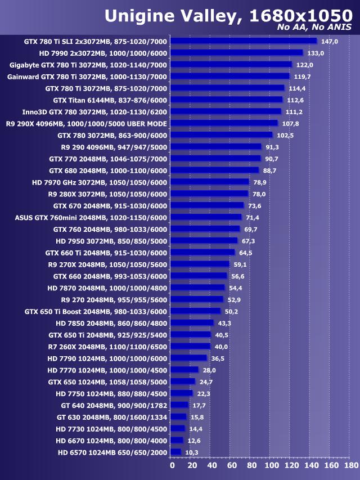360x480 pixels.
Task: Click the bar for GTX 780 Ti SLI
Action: coord(243,41)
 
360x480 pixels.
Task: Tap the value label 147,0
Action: coord(329,41)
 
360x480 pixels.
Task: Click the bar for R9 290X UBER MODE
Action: coord(224,123)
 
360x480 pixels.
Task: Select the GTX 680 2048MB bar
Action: coord(214,170)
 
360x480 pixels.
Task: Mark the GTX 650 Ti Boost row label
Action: coord(96,311)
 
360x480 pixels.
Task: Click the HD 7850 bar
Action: coord(192,323)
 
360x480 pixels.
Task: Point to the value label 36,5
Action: coord(218,358)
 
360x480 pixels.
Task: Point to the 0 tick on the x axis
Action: coord(172,465)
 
